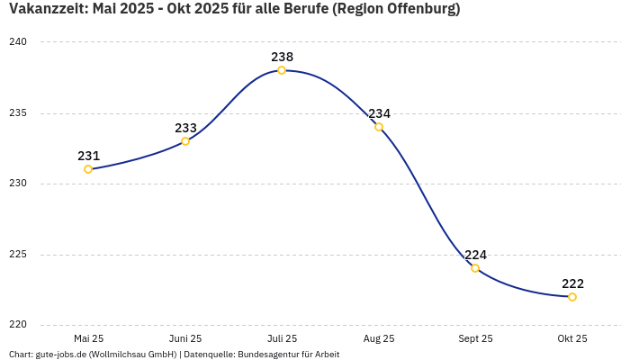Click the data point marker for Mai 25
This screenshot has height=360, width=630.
88,169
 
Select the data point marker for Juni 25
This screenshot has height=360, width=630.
185,141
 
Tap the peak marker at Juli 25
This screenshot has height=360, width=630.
282,70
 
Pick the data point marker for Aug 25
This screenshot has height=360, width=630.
379,127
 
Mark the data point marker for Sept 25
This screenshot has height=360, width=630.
475,268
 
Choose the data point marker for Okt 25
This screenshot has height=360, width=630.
572,297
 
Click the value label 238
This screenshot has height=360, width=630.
282,57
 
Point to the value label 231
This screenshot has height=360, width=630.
88,156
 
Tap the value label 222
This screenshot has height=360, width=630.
572,283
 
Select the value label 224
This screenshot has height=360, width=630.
475,255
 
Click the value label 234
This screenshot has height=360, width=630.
379,113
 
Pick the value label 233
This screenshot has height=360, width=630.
185,128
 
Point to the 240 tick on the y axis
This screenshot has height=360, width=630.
18,42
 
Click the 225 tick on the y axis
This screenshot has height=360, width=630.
18,255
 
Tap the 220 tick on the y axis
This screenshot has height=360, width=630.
18,325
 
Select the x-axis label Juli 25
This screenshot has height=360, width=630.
282,339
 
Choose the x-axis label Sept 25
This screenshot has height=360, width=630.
475,339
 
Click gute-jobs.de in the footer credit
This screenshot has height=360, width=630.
60,355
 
